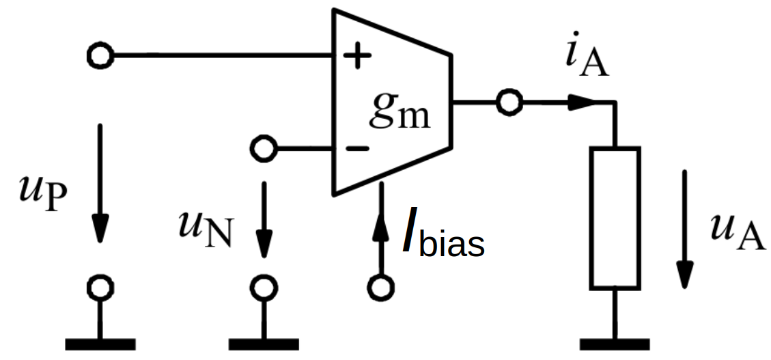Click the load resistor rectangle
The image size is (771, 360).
point(615,217)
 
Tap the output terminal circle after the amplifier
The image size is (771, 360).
point(509,102)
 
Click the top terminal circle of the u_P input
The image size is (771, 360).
point(101,55)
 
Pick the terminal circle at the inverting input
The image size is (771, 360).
point(263,147)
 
